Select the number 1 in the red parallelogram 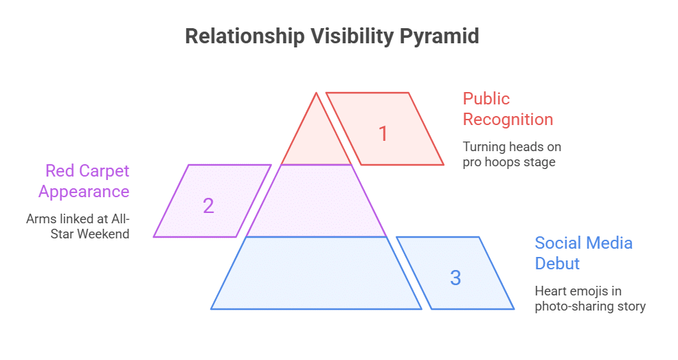[x=383, y=133]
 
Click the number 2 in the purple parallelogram [x=208, y=205]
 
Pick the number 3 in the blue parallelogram [x=455, y=278]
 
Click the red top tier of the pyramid [x=317, y=141]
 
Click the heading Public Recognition [x=508, y=109]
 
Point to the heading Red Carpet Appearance [x=84, y=181]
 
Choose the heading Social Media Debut [x=583, y=253]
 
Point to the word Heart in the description [x=550, y=291]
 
